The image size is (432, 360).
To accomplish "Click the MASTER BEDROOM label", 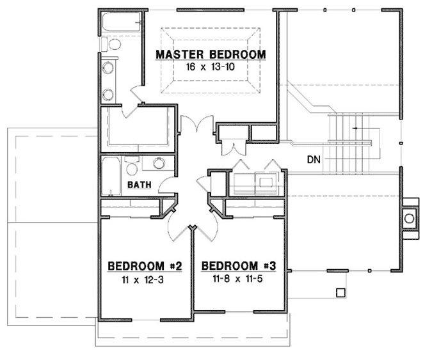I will tap(211, 54).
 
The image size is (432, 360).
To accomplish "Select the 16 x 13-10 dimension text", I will tap(211, 67).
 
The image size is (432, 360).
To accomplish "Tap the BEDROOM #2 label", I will tap(145, 265).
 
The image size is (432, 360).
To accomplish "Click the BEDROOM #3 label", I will tap(239, 265).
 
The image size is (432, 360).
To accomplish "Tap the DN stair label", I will tap(313, 159).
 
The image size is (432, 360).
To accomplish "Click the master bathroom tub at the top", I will tap(121, 24).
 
